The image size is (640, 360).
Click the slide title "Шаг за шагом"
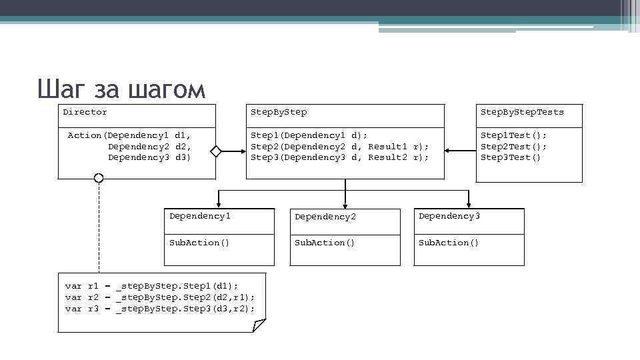(x=121, y=89)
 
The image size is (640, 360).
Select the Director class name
(x=85, y=112)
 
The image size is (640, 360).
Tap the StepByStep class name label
(x=279, y=112)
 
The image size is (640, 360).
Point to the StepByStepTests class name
(x=522, y=112)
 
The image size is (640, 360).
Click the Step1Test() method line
(x=513, y=135)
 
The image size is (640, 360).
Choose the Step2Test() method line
(x=513, y=147)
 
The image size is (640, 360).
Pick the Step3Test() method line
(x=511, y=157)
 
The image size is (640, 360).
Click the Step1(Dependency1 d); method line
(x=309, y=135)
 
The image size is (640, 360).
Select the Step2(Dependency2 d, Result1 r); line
(x=339, y=147)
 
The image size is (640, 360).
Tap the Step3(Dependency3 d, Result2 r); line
(x=339, y=157)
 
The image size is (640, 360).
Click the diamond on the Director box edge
(x=215, y=151)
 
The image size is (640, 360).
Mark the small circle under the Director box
(x=99, y=178)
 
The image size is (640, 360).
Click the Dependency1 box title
(x=200, y=217)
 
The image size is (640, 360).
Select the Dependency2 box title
(x=325, y=217)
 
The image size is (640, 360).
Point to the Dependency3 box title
(x=449, y=217)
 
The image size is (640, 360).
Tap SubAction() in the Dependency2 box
(x=325, y=243)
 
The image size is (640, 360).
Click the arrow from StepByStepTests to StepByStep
(x=460, y=151)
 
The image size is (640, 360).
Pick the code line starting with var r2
(x=160, y=297)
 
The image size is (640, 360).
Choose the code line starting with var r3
(x=160, y=309)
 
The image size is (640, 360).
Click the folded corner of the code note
(x=258, y=325)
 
